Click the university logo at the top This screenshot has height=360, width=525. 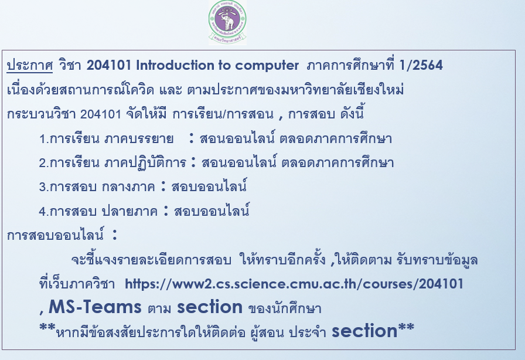click(227, 22)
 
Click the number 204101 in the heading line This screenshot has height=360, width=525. click(107, 66)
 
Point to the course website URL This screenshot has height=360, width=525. click(294, 284)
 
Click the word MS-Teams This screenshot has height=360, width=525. click(96, 307)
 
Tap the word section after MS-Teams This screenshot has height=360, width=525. click(209, 307)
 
